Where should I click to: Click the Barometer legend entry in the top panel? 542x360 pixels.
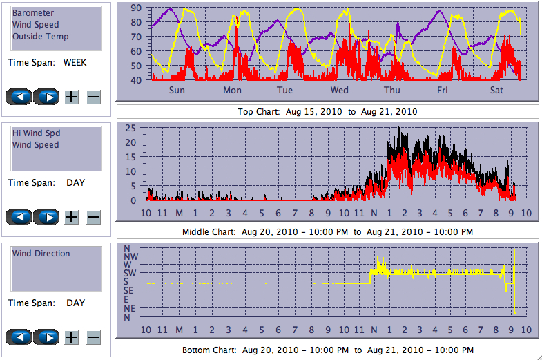(x=33, y=13)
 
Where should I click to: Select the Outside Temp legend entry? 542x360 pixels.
(x=40, y=37)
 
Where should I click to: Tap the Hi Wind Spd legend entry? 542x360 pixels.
(x=35, y=133)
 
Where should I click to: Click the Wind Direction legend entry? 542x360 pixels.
(x=41, y=254)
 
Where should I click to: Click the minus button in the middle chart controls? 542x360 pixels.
(x=94, y=217)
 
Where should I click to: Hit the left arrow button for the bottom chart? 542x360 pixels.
(x=20, y=338)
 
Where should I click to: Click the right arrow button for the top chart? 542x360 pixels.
(x=47, y=97)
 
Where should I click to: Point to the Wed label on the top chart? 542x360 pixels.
(x=339, y=91)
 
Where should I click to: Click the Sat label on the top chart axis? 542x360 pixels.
(x=496, y=91)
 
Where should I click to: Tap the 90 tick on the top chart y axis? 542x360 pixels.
(x=136, y=8)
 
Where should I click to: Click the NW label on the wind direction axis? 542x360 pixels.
(x=130, y=256)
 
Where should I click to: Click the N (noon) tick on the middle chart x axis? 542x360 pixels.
(x=375, y=212)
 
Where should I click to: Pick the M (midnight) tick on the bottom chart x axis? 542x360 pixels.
(x=179, y=330)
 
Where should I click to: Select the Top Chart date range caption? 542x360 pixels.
(x=327, y=111)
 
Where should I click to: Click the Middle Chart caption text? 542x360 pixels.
(x=327, y=231)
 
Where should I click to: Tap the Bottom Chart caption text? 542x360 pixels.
(x=327, y=350)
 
